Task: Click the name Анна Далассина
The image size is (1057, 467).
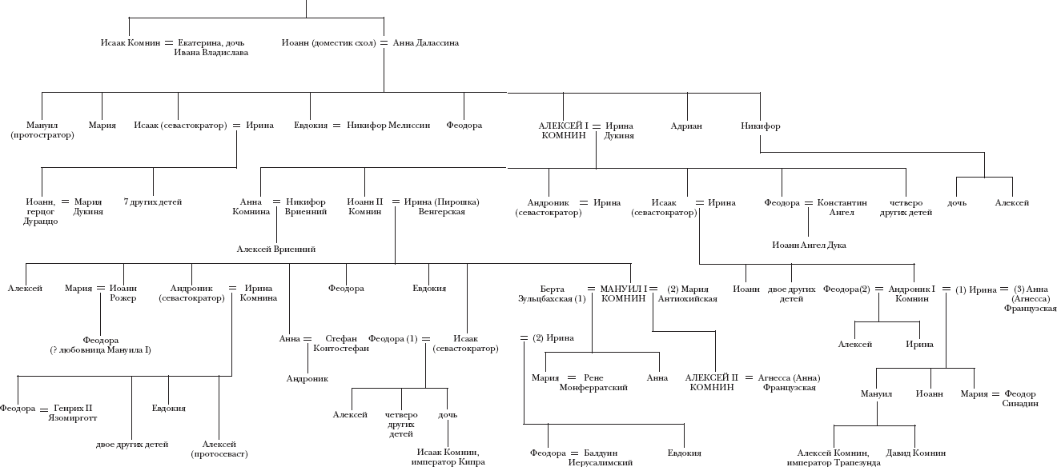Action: [x=426, y=42]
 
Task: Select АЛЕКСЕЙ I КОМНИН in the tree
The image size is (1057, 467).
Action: [x=564, y=130]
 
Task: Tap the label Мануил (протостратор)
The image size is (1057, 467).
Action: [x=42, y=130]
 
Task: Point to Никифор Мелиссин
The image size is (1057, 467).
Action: [x=388, y=126]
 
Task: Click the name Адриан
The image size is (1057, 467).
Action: [x=687, y=126]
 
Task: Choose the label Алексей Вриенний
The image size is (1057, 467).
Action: [x=276, y=249]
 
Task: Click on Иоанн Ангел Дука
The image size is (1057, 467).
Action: [x=809, y=245]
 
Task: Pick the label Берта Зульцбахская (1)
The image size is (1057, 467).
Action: [x=553, y=293]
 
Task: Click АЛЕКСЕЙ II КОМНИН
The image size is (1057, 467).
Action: [x=712, y=381]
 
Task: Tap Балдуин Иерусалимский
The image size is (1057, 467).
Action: [x=601, y=457]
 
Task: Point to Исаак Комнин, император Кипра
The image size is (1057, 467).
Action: [x=448, y=457]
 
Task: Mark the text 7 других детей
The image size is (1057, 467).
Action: [x=153, y=202]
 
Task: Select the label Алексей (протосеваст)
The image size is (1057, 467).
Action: [x=219, y=449]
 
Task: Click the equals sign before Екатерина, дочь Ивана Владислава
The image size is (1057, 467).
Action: [x=168, y=42]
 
